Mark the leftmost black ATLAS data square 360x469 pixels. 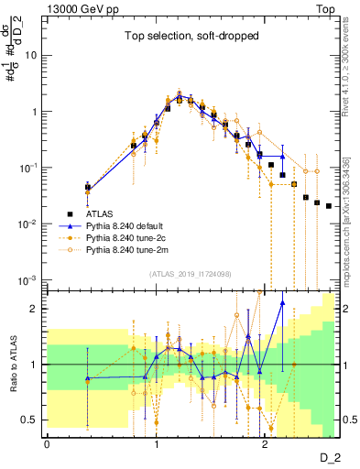(88, 188)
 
